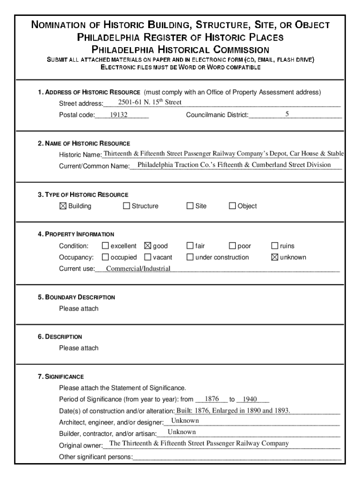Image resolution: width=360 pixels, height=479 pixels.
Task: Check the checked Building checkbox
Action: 63,206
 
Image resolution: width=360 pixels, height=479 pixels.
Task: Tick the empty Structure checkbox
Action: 126,206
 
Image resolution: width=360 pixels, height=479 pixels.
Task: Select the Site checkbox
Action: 190,206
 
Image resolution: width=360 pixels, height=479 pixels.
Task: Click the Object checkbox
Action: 232,206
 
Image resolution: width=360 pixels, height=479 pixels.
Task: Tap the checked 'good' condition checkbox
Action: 148,246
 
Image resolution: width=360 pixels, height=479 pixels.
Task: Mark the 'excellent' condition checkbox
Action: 105,246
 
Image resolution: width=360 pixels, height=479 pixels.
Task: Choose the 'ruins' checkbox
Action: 275,246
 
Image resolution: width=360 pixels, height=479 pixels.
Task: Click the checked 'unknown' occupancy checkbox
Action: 275,257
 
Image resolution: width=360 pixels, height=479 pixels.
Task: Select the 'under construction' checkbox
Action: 190,257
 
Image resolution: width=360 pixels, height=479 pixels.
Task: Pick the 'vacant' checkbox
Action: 148,257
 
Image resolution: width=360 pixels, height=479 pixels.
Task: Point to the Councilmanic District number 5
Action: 288,114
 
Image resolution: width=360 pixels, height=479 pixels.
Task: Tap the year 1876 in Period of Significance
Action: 212,399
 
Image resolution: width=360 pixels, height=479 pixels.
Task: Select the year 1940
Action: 251,399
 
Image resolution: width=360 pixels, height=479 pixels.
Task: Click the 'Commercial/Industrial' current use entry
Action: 138,269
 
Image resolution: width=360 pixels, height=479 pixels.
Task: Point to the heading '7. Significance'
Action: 61,376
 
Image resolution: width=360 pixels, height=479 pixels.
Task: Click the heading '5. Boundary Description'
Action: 77,297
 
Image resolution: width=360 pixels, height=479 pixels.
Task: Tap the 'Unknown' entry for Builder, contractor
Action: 181,432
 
